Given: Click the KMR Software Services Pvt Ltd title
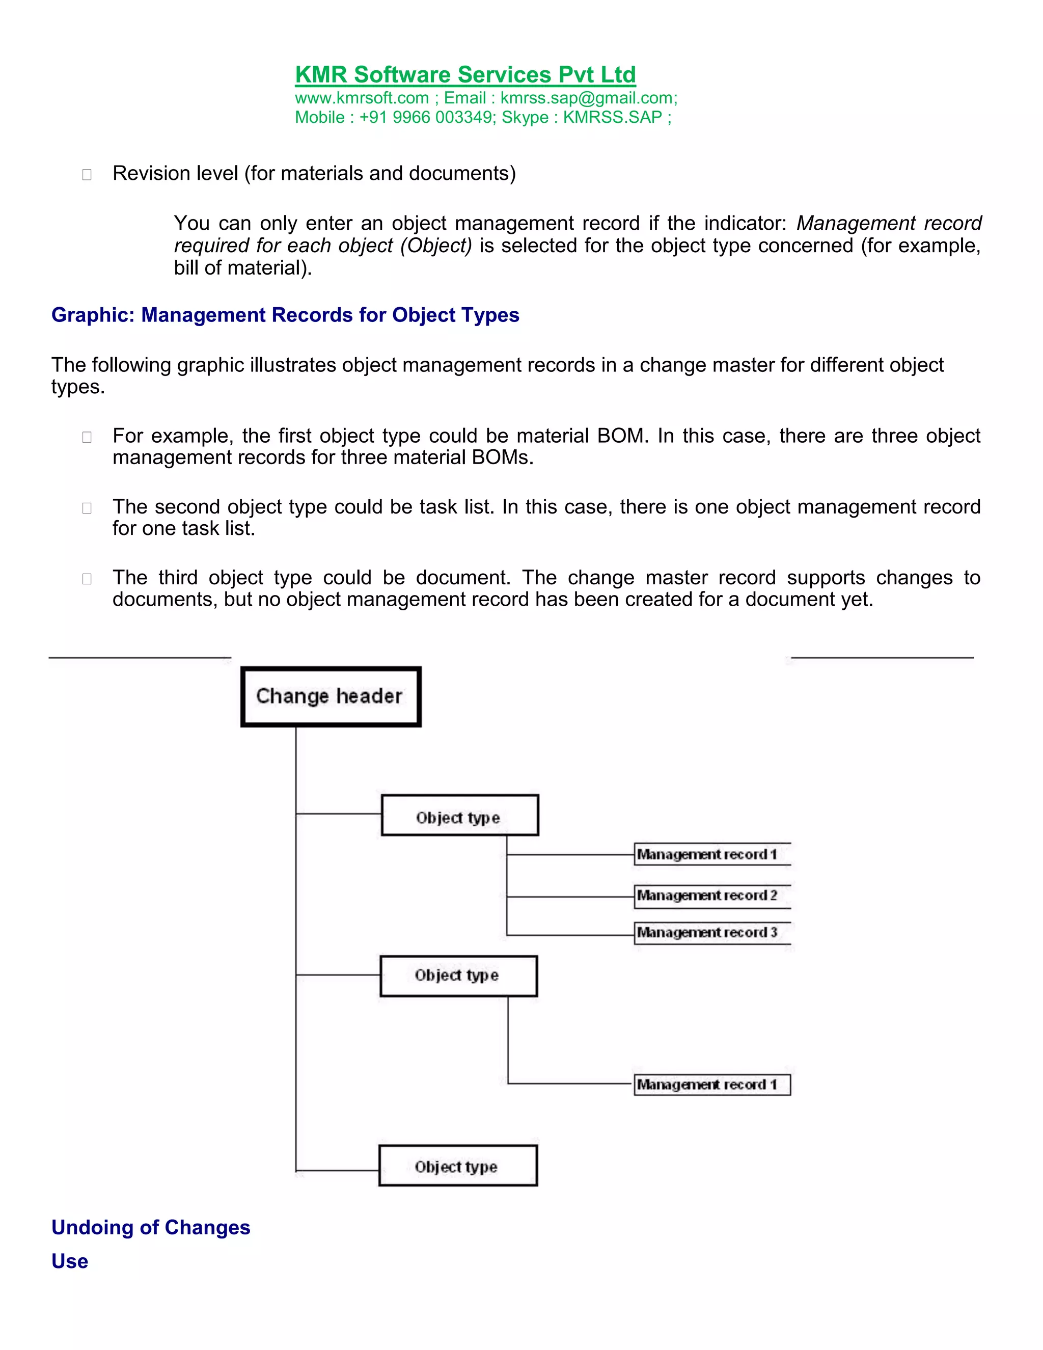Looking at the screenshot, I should coord(465,75).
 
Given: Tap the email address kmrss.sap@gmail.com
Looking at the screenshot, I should coord(588,98).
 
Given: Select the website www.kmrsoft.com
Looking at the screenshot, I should coord(362,98).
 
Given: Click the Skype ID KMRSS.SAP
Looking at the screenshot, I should coord(612,118).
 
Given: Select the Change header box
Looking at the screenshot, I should coord(331,696).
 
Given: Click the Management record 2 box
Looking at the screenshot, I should coord(712,896).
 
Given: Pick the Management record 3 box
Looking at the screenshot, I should coord(712,933).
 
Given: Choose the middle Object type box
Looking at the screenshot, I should coord(458,976).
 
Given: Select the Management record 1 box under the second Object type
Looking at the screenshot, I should coord(712,1085).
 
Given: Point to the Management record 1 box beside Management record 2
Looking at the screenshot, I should coord(712,855).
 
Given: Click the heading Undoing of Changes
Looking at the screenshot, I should coord(151,1228).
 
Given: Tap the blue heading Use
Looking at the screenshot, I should coord(70,1261).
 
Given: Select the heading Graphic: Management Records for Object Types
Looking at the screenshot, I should coord(285,315).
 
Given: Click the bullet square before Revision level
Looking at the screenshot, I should coord(87,175).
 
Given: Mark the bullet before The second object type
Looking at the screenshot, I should coord(87,508).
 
